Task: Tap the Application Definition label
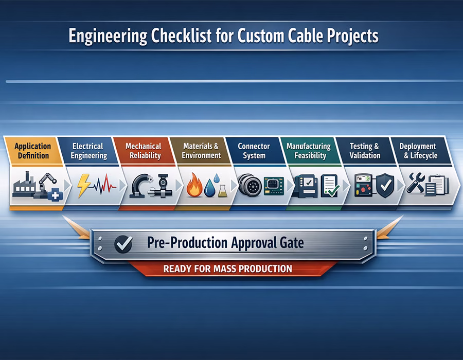click(x=32, y=151)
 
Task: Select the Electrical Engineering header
click(x=88, y=151)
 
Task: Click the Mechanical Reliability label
click(x=144, y=151)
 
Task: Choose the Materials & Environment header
click(x=201, y=151)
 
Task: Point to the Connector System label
click(x=254, y=151)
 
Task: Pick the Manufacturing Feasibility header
click(x=308, y=151)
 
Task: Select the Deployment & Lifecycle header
click(x=417, y=151)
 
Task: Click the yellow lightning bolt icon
click(x=83, y=186)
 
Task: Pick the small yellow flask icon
click(x=223, y=190)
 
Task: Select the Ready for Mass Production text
click(x=227, y=268)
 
